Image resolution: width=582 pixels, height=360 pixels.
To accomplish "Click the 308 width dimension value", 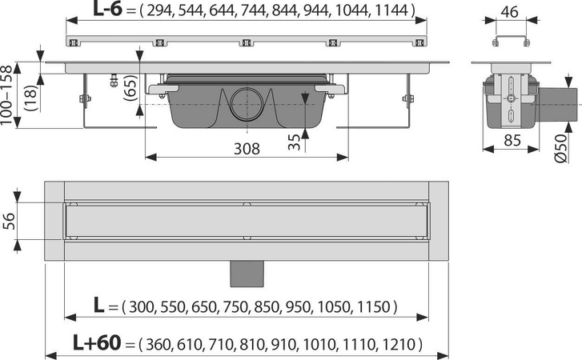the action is (247, 149).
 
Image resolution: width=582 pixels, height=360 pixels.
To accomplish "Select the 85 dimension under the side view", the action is (512, 141).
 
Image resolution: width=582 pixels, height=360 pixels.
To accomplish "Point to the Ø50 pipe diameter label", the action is (560, 148).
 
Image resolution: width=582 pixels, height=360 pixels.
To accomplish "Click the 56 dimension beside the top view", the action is (10, 221).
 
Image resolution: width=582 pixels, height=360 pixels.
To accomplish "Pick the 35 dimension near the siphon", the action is (294, 142).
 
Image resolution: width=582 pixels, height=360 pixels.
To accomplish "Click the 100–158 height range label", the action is (6, 95).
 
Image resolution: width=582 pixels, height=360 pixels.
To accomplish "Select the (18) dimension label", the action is (31, 98).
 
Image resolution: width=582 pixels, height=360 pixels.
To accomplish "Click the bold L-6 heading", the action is (107, 10).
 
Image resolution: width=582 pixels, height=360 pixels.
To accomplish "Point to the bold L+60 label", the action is (97, 342).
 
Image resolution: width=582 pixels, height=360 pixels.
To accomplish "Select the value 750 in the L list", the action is (234, 307).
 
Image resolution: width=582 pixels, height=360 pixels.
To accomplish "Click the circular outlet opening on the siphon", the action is (247, 104).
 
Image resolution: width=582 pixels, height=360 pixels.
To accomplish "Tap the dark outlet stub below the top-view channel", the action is (247, 274).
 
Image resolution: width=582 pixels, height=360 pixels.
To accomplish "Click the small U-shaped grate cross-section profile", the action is (511, 41).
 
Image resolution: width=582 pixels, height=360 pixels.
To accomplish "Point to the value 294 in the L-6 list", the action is (159, 10).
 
